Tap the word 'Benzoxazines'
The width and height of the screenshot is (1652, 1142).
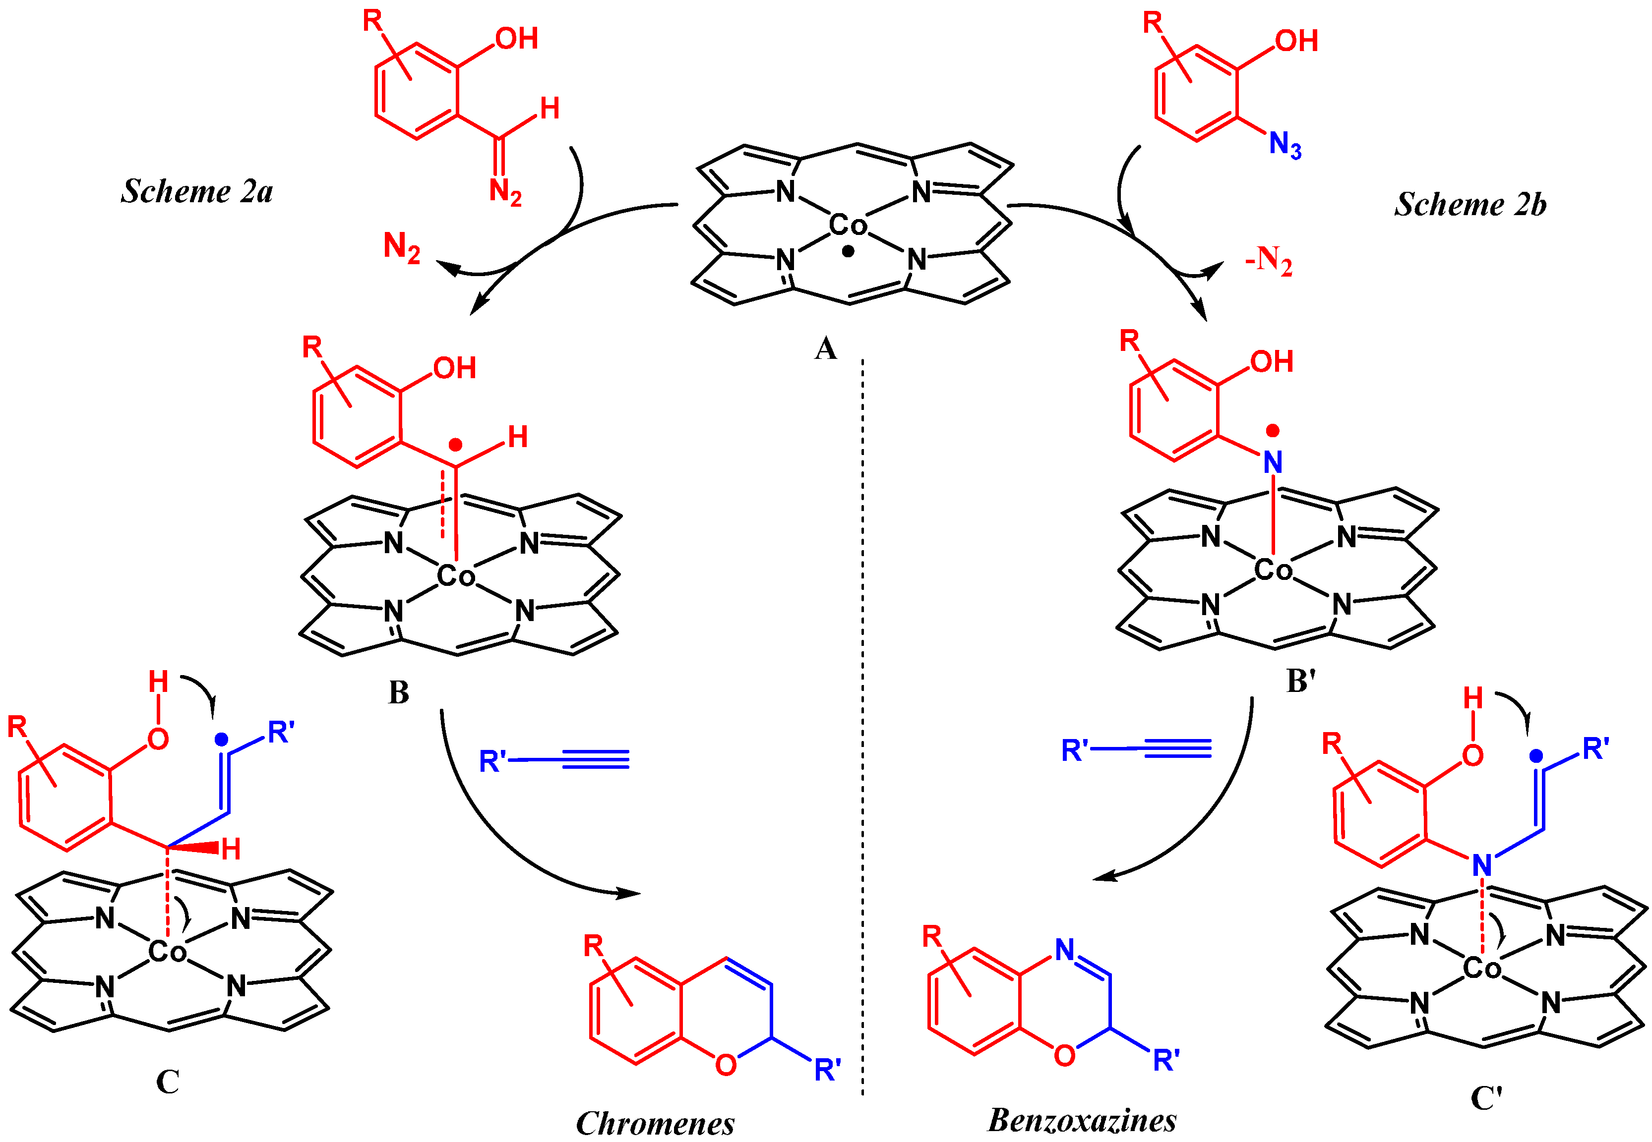click(x=1082, y=1120)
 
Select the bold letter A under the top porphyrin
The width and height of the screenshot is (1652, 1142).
click(x=825, y=349)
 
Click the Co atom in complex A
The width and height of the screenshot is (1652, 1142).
click(x=848, y=226)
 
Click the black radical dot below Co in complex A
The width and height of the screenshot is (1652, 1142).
click(x=848, y=251)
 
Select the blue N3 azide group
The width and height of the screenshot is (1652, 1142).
click(x=1285, y=145)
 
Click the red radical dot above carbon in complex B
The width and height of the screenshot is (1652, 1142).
click(x=455, y=445)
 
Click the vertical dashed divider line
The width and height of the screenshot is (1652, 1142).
click(x=862, y=716)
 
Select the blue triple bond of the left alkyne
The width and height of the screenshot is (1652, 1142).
click(x=596, y=759)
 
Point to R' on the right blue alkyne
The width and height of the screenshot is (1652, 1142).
click(x=1074, y=750)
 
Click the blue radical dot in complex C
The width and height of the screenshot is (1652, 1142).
click(x=221, y=739)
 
